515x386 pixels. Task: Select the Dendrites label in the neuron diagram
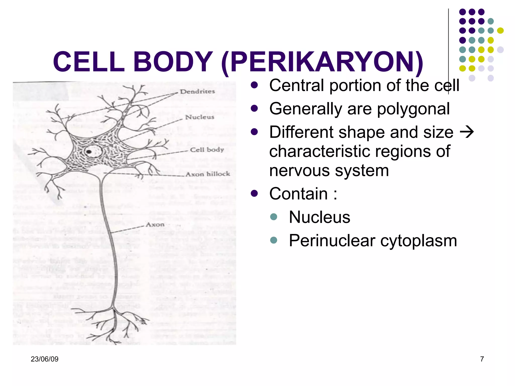pos(197,92)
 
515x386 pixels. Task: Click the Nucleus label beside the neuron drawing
pos(200,117)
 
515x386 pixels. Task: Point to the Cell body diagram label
pos(207,150)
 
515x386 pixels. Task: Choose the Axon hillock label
pos(208,174)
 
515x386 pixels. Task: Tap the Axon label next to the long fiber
pos(155,224)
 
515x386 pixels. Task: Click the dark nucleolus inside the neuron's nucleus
pos(89,152)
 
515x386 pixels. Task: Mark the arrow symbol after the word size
pos(466,132)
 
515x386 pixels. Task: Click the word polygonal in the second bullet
pos(413,109)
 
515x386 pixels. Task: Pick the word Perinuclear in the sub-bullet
pos(332,241)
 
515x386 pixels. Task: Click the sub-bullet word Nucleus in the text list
pos(319,217)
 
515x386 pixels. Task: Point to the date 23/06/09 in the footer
pos(45,359)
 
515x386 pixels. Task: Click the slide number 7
pos(482,359)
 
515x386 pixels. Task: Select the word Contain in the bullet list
pos(298,194)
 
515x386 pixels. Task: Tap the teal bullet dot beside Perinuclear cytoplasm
pos(273,240)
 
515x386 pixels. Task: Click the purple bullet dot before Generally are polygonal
pos(254,108)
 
